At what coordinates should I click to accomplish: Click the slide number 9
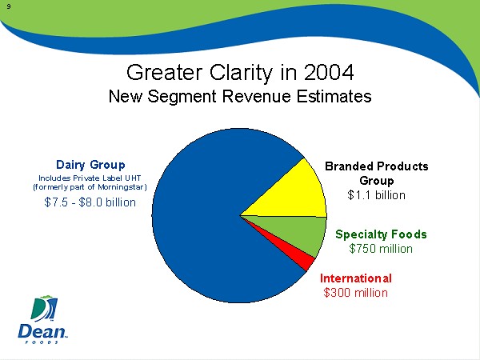tap(7, 7)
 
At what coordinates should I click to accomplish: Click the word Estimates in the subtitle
tap(335, 98)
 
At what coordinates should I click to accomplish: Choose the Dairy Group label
tap(90, 164)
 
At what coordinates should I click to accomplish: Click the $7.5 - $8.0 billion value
tap(90, 202)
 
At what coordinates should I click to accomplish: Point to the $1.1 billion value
tap(376, 194)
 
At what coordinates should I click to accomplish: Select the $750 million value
tap(381, 248)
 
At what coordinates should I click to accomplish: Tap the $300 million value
tap(355, 292)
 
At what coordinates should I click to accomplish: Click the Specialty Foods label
tap(381, 234)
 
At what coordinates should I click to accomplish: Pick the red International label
tap(355, 278)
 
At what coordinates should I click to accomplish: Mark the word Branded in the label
tap(350, 166)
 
